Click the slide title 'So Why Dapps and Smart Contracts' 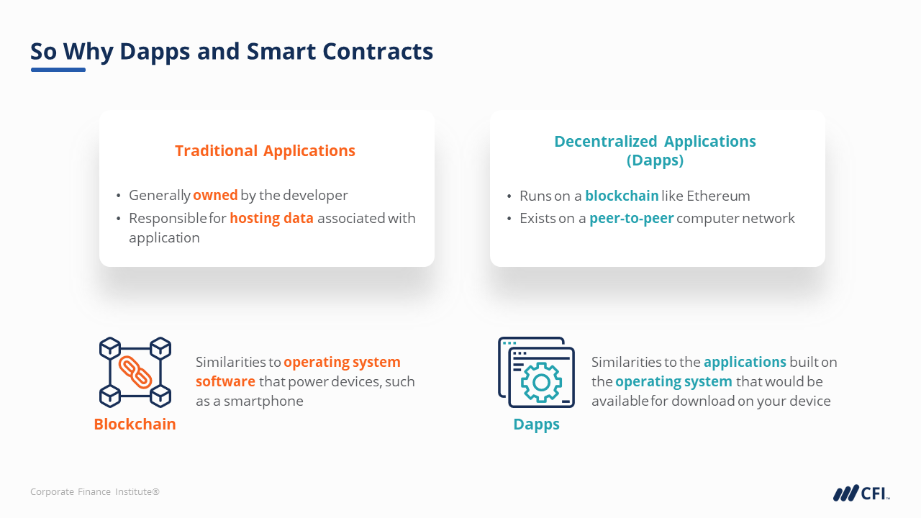[x=232, y=52]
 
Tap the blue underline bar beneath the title [x=58, y=70]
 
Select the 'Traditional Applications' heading [x=265, y=151]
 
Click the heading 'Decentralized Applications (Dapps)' [x=655, y=150]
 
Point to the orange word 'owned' [x=215, y=195]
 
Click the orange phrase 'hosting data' [x=271, y=218]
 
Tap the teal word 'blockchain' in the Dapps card [x=622, y=196]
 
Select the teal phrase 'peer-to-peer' [x=632, y=218]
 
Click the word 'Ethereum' [x=718, y=196]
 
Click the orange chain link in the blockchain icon [x=135, y=372]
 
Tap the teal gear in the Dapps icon [x=541, y=382]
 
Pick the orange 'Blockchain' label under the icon [x=135, y=424]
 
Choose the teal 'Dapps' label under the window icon [x=536, y=424]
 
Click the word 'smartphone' [x=263, y=401]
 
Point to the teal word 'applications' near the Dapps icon [x=745, y=362]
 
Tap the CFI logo [x=861, y=493]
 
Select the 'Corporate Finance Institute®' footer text [x=95, y=491]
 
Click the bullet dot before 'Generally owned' [x=119, y=196]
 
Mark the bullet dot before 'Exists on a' [x=509, y=219]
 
